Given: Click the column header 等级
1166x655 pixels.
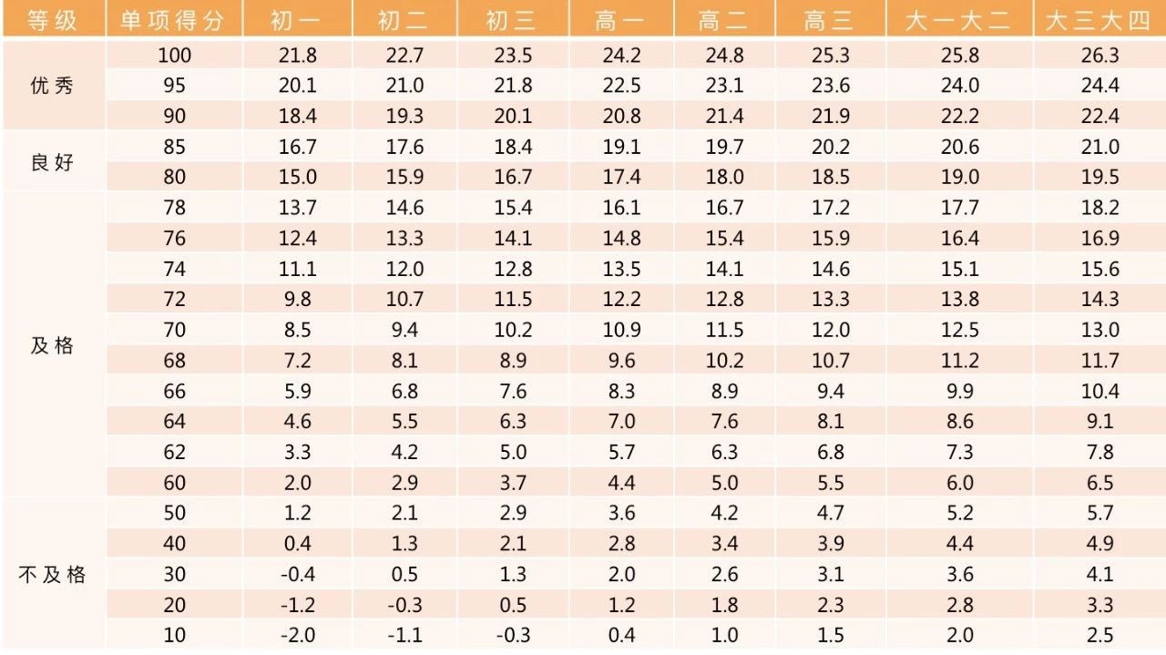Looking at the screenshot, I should [52, 20].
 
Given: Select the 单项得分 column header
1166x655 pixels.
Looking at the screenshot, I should [173, 20].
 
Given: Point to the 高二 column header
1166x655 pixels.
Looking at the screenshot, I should [724, 20].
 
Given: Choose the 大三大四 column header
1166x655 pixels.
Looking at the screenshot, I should [1099, 20].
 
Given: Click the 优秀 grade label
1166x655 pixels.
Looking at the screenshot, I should [52, 87].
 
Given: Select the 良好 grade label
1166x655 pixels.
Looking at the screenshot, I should [52, 163].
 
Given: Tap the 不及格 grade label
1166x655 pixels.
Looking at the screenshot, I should [52, 575].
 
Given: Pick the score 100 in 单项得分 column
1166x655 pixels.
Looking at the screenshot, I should [174, 56].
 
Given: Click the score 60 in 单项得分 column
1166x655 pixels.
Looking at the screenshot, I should [174, 483].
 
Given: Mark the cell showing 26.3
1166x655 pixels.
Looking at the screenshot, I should [1100, 56].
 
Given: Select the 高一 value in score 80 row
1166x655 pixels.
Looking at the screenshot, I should [621, 178].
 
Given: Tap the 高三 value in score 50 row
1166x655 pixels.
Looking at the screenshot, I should [830, 514].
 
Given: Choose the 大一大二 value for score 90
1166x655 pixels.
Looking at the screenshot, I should [960, 117].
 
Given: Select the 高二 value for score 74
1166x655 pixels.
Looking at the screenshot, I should [724, 269].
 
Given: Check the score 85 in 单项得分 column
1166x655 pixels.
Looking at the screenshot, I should [174, 148].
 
